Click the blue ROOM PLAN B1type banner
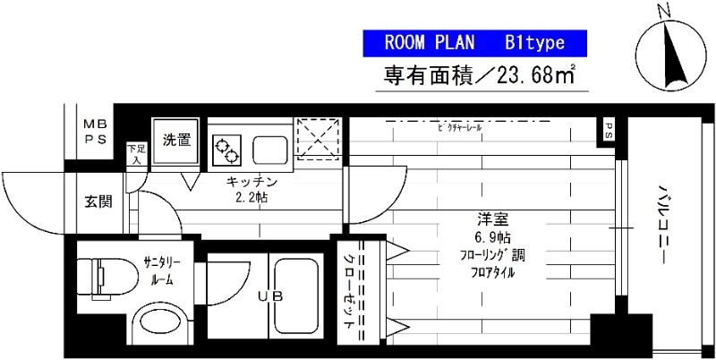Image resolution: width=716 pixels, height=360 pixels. point(474,43)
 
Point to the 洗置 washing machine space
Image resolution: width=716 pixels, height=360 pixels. point(176,140)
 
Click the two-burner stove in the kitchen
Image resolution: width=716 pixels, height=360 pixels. point(226,149)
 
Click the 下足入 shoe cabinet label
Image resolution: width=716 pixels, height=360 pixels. point(136,154)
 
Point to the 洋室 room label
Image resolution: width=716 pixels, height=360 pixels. point(488,220)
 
